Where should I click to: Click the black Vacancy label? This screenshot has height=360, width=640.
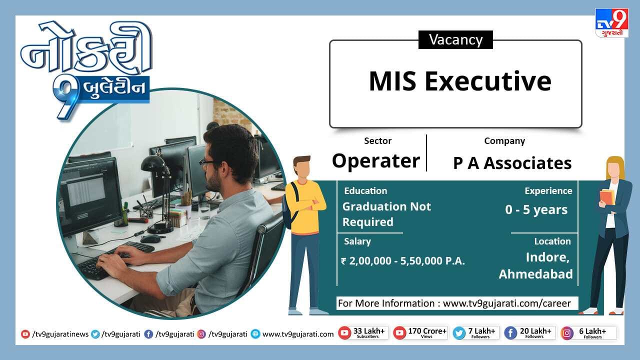click(455, 39)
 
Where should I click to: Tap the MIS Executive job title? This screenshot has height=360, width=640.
click(460, 81)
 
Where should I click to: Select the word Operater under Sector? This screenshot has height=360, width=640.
click(376, 161)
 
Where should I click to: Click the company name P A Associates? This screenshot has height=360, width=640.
click(512, 163)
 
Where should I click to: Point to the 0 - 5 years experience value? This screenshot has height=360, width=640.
click(536, 209)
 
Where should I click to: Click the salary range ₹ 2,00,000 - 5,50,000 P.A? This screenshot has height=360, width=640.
click(403, 260)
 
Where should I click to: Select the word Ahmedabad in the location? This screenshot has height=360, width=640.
click(535, 274)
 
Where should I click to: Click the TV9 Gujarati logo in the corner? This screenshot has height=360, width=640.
click(611, 23)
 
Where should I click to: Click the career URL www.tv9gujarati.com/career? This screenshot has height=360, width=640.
click(507, 303)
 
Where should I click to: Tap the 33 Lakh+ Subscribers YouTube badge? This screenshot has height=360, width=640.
click(363, 333)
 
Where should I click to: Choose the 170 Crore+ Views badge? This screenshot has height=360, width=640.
click(420, 333)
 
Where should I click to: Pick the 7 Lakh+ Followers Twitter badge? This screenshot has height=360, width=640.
click(476, 333)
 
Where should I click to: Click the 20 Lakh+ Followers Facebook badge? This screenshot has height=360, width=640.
click(529, 333)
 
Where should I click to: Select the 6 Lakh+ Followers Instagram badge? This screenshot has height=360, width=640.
click(588, 333)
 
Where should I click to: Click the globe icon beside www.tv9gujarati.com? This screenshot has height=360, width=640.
click(255, 334)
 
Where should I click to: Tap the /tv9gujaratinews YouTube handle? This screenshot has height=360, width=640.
click(60, 334)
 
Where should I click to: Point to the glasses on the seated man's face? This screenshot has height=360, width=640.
click(210, 162)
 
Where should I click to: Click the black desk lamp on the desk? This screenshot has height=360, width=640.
click(158, 195)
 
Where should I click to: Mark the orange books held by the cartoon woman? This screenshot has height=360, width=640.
click(606, 196)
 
